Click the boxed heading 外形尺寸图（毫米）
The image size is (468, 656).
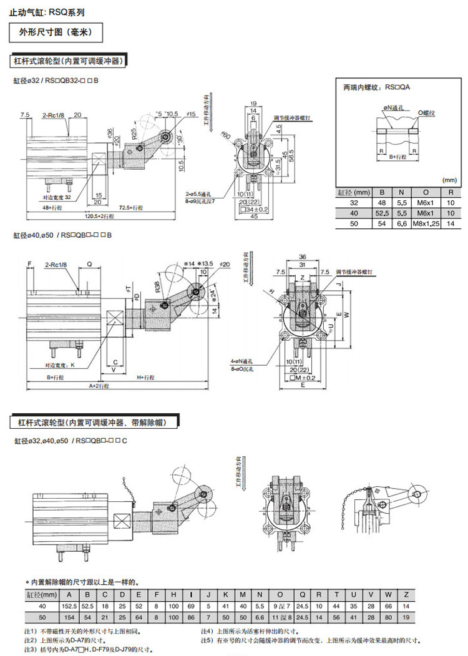coord(56,32)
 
